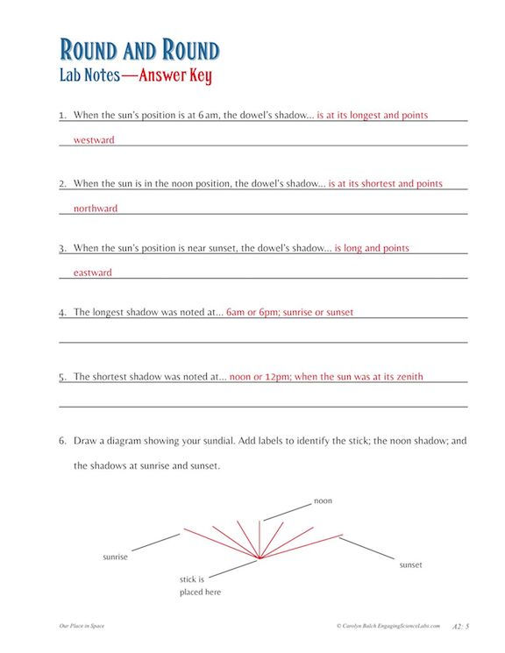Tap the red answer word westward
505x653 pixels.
94,139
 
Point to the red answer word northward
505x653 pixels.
95,209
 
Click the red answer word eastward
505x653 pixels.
92,273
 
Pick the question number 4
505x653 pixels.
62,312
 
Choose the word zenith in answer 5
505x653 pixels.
406,377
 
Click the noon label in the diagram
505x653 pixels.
323,500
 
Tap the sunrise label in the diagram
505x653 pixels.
116,557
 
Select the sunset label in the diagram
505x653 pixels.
410,564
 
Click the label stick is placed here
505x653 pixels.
200,586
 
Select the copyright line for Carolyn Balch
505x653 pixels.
391,626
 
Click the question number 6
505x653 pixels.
62,440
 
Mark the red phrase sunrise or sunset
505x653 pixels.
319,312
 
